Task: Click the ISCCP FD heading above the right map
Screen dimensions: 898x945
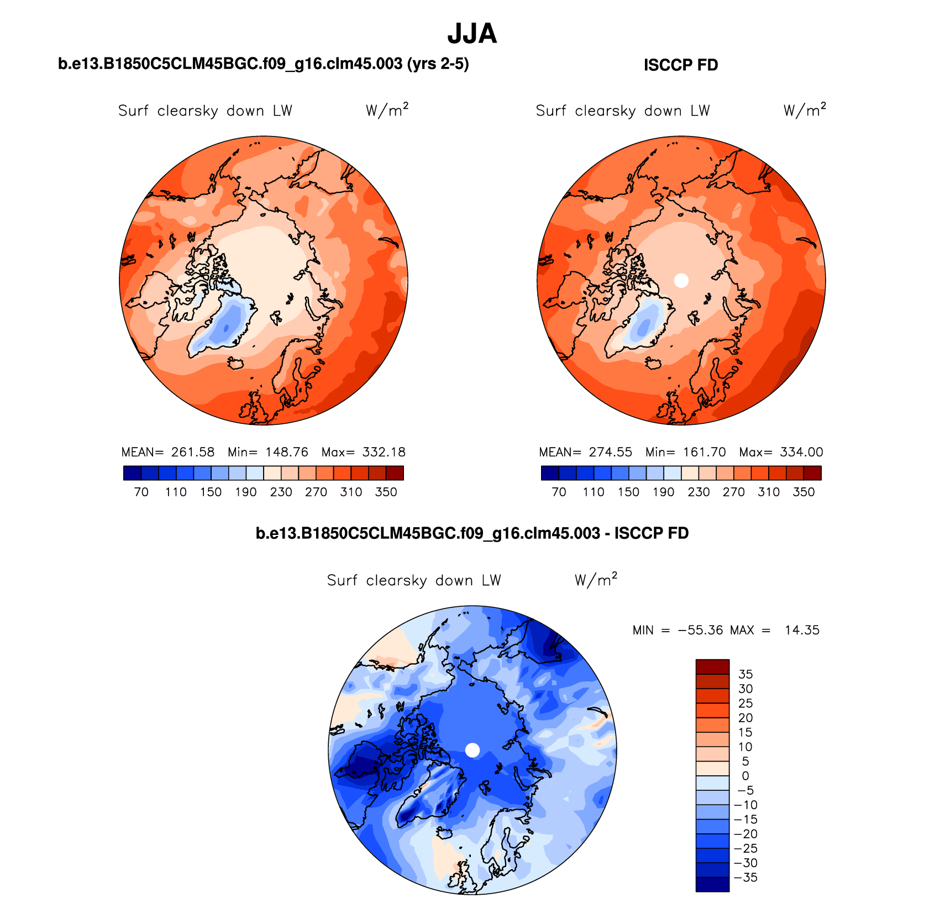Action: [x=681, y=65]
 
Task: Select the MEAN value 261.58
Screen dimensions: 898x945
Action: [x=192, y=452]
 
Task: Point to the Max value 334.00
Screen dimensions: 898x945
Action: [x=801, y=452]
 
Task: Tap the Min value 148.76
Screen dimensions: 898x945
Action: [x=286, y=452]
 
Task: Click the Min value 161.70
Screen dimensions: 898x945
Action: [x=704, y=452]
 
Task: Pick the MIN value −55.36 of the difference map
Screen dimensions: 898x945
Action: [x=700, y=630]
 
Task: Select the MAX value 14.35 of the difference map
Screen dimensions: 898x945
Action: [x=802, y=630]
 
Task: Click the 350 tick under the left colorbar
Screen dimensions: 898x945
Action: [x=386, y=492]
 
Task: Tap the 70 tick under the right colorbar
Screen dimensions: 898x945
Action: [x=559, y=492]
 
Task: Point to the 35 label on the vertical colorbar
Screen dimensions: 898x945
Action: [x=746, y=674]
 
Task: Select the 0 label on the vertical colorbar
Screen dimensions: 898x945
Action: [x=746, y=776]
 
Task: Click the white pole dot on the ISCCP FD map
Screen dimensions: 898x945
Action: [x=681, y=280]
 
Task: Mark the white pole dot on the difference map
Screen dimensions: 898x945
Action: [x=473, y=750]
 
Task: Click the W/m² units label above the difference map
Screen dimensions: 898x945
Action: [x=596, y=580]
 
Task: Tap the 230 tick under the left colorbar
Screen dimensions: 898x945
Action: [x=281, y=492]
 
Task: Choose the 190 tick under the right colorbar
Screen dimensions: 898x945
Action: [x=663, y=492]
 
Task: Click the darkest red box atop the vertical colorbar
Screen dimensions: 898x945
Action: [x=712, y=666]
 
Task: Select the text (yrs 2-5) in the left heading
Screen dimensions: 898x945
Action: [x=438, y=64]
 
